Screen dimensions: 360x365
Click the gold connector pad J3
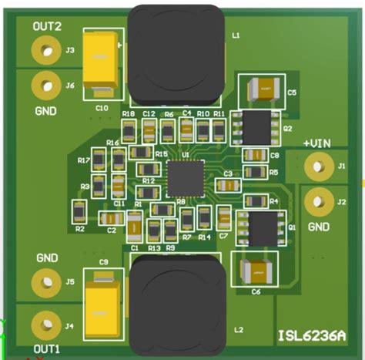point(46,51)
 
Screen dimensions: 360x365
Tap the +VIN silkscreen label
point(317,143)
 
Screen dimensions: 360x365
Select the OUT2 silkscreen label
point(46,26)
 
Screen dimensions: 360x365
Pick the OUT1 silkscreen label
point(46,348)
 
